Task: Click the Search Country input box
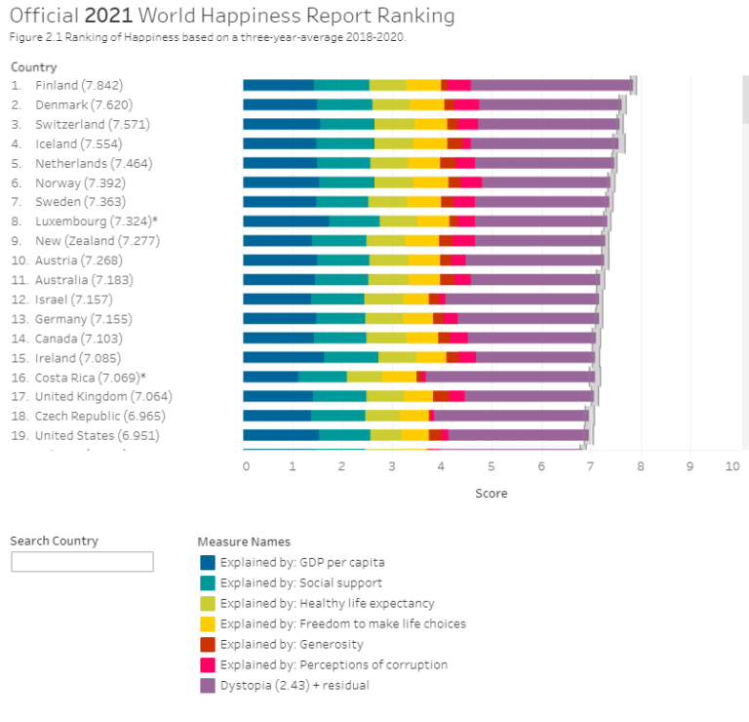82,562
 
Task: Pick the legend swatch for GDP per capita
207,562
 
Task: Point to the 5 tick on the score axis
492,467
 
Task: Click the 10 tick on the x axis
732,467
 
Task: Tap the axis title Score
491,494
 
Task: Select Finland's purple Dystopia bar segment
551,86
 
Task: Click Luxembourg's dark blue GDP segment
286,221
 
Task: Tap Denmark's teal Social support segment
344,104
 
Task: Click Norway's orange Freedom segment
430,182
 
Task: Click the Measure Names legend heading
244,541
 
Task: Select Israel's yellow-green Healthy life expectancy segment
383,299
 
